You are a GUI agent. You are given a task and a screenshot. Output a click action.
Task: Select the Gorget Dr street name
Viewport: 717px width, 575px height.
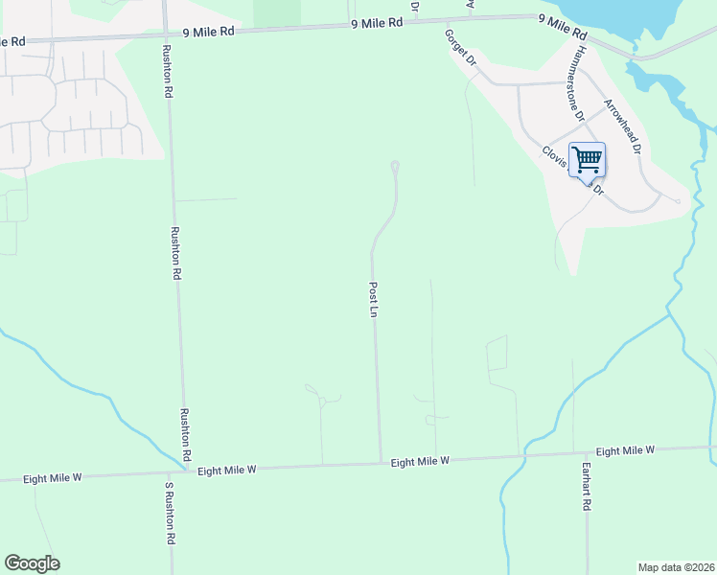coord(460,47)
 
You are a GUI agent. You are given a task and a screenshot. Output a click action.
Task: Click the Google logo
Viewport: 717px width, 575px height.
coord(32,563)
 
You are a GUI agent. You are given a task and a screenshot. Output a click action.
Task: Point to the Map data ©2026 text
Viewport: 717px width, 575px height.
coord(676,567)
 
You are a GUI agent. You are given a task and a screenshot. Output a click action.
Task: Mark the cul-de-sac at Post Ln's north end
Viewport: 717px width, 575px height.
coord(395,167)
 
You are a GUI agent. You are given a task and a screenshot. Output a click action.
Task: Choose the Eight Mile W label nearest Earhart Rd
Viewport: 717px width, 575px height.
coord(624,450)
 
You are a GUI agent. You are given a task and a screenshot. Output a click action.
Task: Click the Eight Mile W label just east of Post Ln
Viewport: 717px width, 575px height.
coord(420,462)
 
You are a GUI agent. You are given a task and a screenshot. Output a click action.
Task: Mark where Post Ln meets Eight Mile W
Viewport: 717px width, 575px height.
coord(381,464)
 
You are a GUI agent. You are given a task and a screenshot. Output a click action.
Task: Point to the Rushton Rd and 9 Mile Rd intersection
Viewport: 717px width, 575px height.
coord(166,34)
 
